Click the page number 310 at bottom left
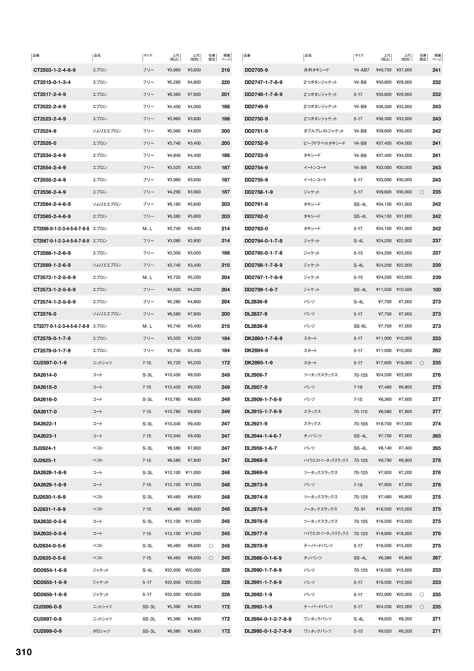(x=24, y=652)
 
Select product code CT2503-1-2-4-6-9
(x=54, y=70)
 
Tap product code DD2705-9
(x=256, y=70)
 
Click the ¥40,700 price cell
(x=384, y=70)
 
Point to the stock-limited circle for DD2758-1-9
(x=422, y=192)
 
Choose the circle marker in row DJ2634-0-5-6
(x=211, y=546)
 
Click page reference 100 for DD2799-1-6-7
(x=437, y=290)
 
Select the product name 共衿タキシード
(x=316, y=70)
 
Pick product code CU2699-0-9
(x=47, y=631)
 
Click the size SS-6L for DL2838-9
(x=360, y=326)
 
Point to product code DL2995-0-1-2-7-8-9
(x=268, y=631)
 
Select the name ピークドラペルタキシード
(x=324, y=143)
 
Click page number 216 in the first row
(x=226, y=70)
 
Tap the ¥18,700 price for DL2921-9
(x=384, y=424)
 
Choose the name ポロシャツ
(x=101, y=631)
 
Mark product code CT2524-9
(x=45, y=131)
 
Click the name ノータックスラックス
(x=320, y=509)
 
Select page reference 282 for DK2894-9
(x=437, y=351)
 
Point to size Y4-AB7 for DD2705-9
(x=361, y=70)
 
